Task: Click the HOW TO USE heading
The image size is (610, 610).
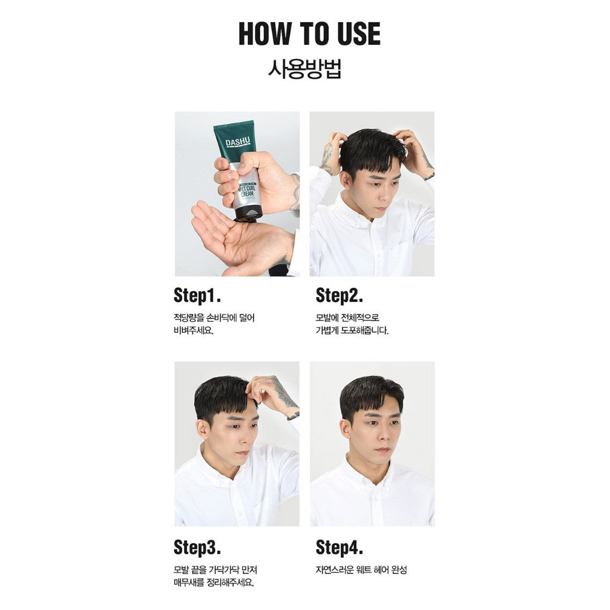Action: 309,34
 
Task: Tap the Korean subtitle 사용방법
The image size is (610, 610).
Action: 304,69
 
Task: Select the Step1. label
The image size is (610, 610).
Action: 197,295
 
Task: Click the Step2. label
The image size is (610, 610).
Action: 339,295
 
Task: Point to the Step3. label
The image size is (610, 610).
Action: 197,547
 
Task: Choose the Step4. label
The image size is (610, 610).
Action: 339,547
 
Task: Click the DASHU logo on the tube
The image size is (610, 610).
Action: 238,142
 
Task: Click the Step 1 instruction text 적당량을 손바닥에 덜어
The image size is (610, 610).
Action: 214,318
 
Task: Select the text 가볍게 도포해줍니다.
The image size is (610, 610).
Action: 352,331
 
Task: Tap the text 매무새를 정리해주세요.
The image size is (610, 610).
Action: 214,583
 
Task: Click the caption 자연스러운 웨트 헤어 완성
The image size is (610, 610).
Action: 362,570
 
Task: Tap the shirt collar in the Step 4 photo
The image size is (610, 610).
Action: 372,472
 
